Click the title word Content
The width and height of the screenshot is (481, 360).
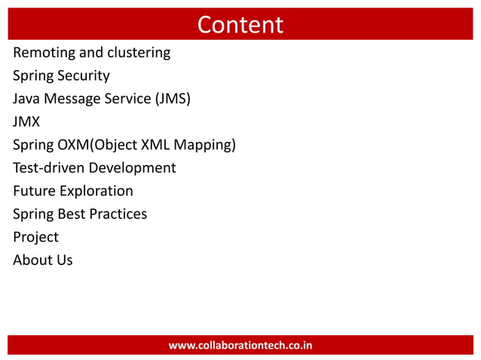[240, 25]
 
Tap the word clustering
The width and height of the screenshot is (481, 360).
[138, 53]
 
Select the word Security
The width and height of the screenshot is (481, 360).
[83, 76]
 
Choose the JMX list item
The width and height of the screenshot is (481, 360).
[26, 122]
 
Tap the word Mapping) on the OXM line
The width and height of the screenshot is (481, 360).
[205, 145]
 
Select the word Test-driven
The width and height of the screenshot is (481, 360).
[48, 168]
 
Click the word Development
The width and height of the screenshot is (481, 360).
[132, 168]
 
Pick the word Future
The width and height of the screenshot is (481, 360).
[33, 191]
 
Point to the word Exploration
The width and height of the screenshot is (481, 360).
[96, 191]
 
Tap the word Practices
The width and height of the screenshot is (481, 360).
[118, 214]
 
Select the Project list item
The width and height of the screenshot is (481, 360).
[35, 237]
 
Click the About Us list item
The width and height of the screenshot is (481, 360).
[43, 260]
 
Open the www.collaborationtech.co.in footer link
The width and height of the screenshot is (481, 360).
[240, 346]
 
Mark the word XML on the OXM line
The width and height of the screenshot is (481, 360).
[156, 145]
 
